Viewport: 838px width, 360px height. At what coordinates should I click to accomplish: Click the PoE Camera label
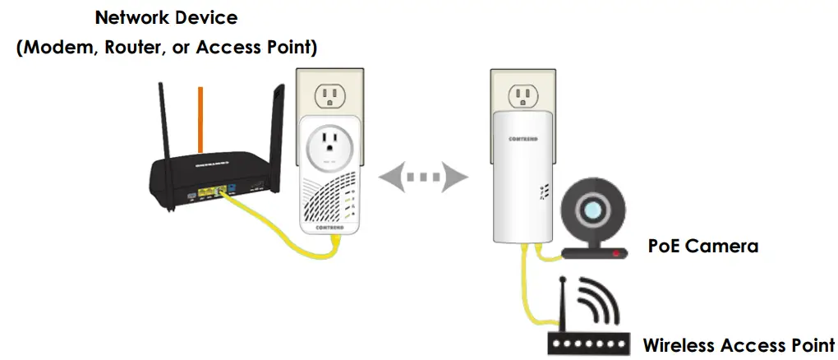click(x=702, y=245)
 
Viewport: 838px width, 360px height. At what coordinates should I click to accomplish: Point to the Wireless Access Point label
click(x=738, y=344)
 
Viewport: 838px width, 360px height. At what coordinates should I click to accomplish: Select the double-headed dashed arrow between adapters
click(x=421, y=175)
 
